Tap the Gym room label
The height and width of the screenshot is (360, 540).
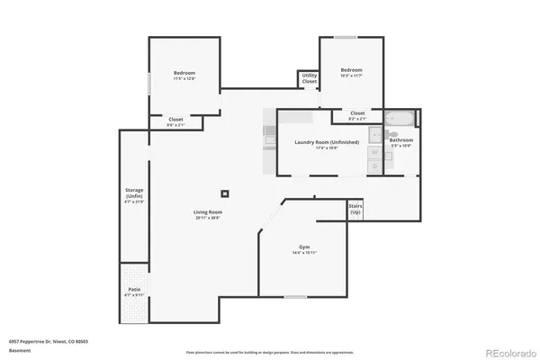[303, 249]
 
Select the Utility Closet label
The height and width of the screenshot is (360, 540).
[309, 78]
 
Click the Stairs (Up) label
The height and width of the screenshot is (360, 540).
[355, 210]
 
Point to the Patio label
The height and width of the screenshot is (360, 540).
[134, 292]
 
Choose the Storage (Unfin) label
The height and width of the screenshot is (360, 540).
[133, 195]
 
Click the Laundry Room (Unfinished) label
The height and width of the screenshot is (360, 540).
[327, 144]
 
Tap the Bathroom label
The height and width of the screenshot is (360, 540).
[400, 142]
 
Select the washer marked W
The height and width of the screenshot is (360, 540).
[374, 152]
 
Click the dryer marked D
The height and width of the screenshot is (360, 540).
[374, 166]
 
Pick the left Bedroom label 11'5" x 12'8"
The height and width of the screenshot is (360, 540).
[184, 76]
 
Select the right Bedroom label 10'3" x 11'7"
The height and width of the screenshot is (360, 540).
[351, 73]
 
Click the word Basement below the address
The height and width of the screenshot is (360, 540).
[19, 349]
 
